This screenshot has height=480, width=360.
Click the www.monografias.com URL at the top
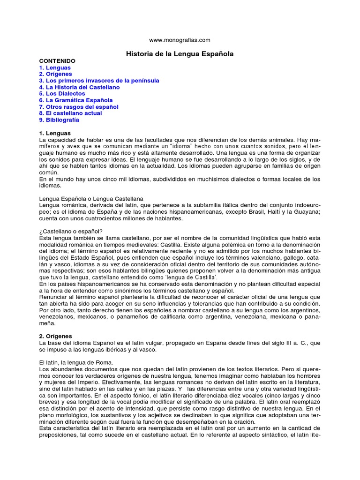click(180, 40)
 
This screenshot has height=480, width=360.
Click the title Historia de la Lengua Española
click(180, 54)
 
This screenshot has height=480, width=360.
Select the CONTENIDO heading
click(57, 61)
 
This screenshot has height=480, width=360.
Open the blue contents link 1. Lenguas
click(55, 68)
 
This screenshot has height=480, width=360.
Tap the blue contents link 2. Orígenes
click(55, 75)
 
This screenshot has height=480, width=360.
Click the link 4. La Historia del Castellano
click(79, 88)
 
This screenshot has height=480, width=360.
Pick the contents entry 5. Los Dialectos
click(62, 94)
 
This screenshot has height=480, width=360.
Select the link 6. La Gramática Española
click(76, 100)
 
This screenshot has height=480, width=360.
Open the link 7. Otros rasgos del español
click(79, 107)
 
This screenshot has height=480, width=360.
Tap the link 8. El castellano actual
click(70, 113)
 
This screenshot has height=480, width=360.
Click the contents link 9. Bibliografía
click(59, 120)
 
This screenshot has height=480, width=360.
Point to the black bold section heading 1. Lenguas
click(55, 134)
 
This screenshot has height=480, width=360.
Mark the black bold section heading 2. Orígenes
click(55, 336)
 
